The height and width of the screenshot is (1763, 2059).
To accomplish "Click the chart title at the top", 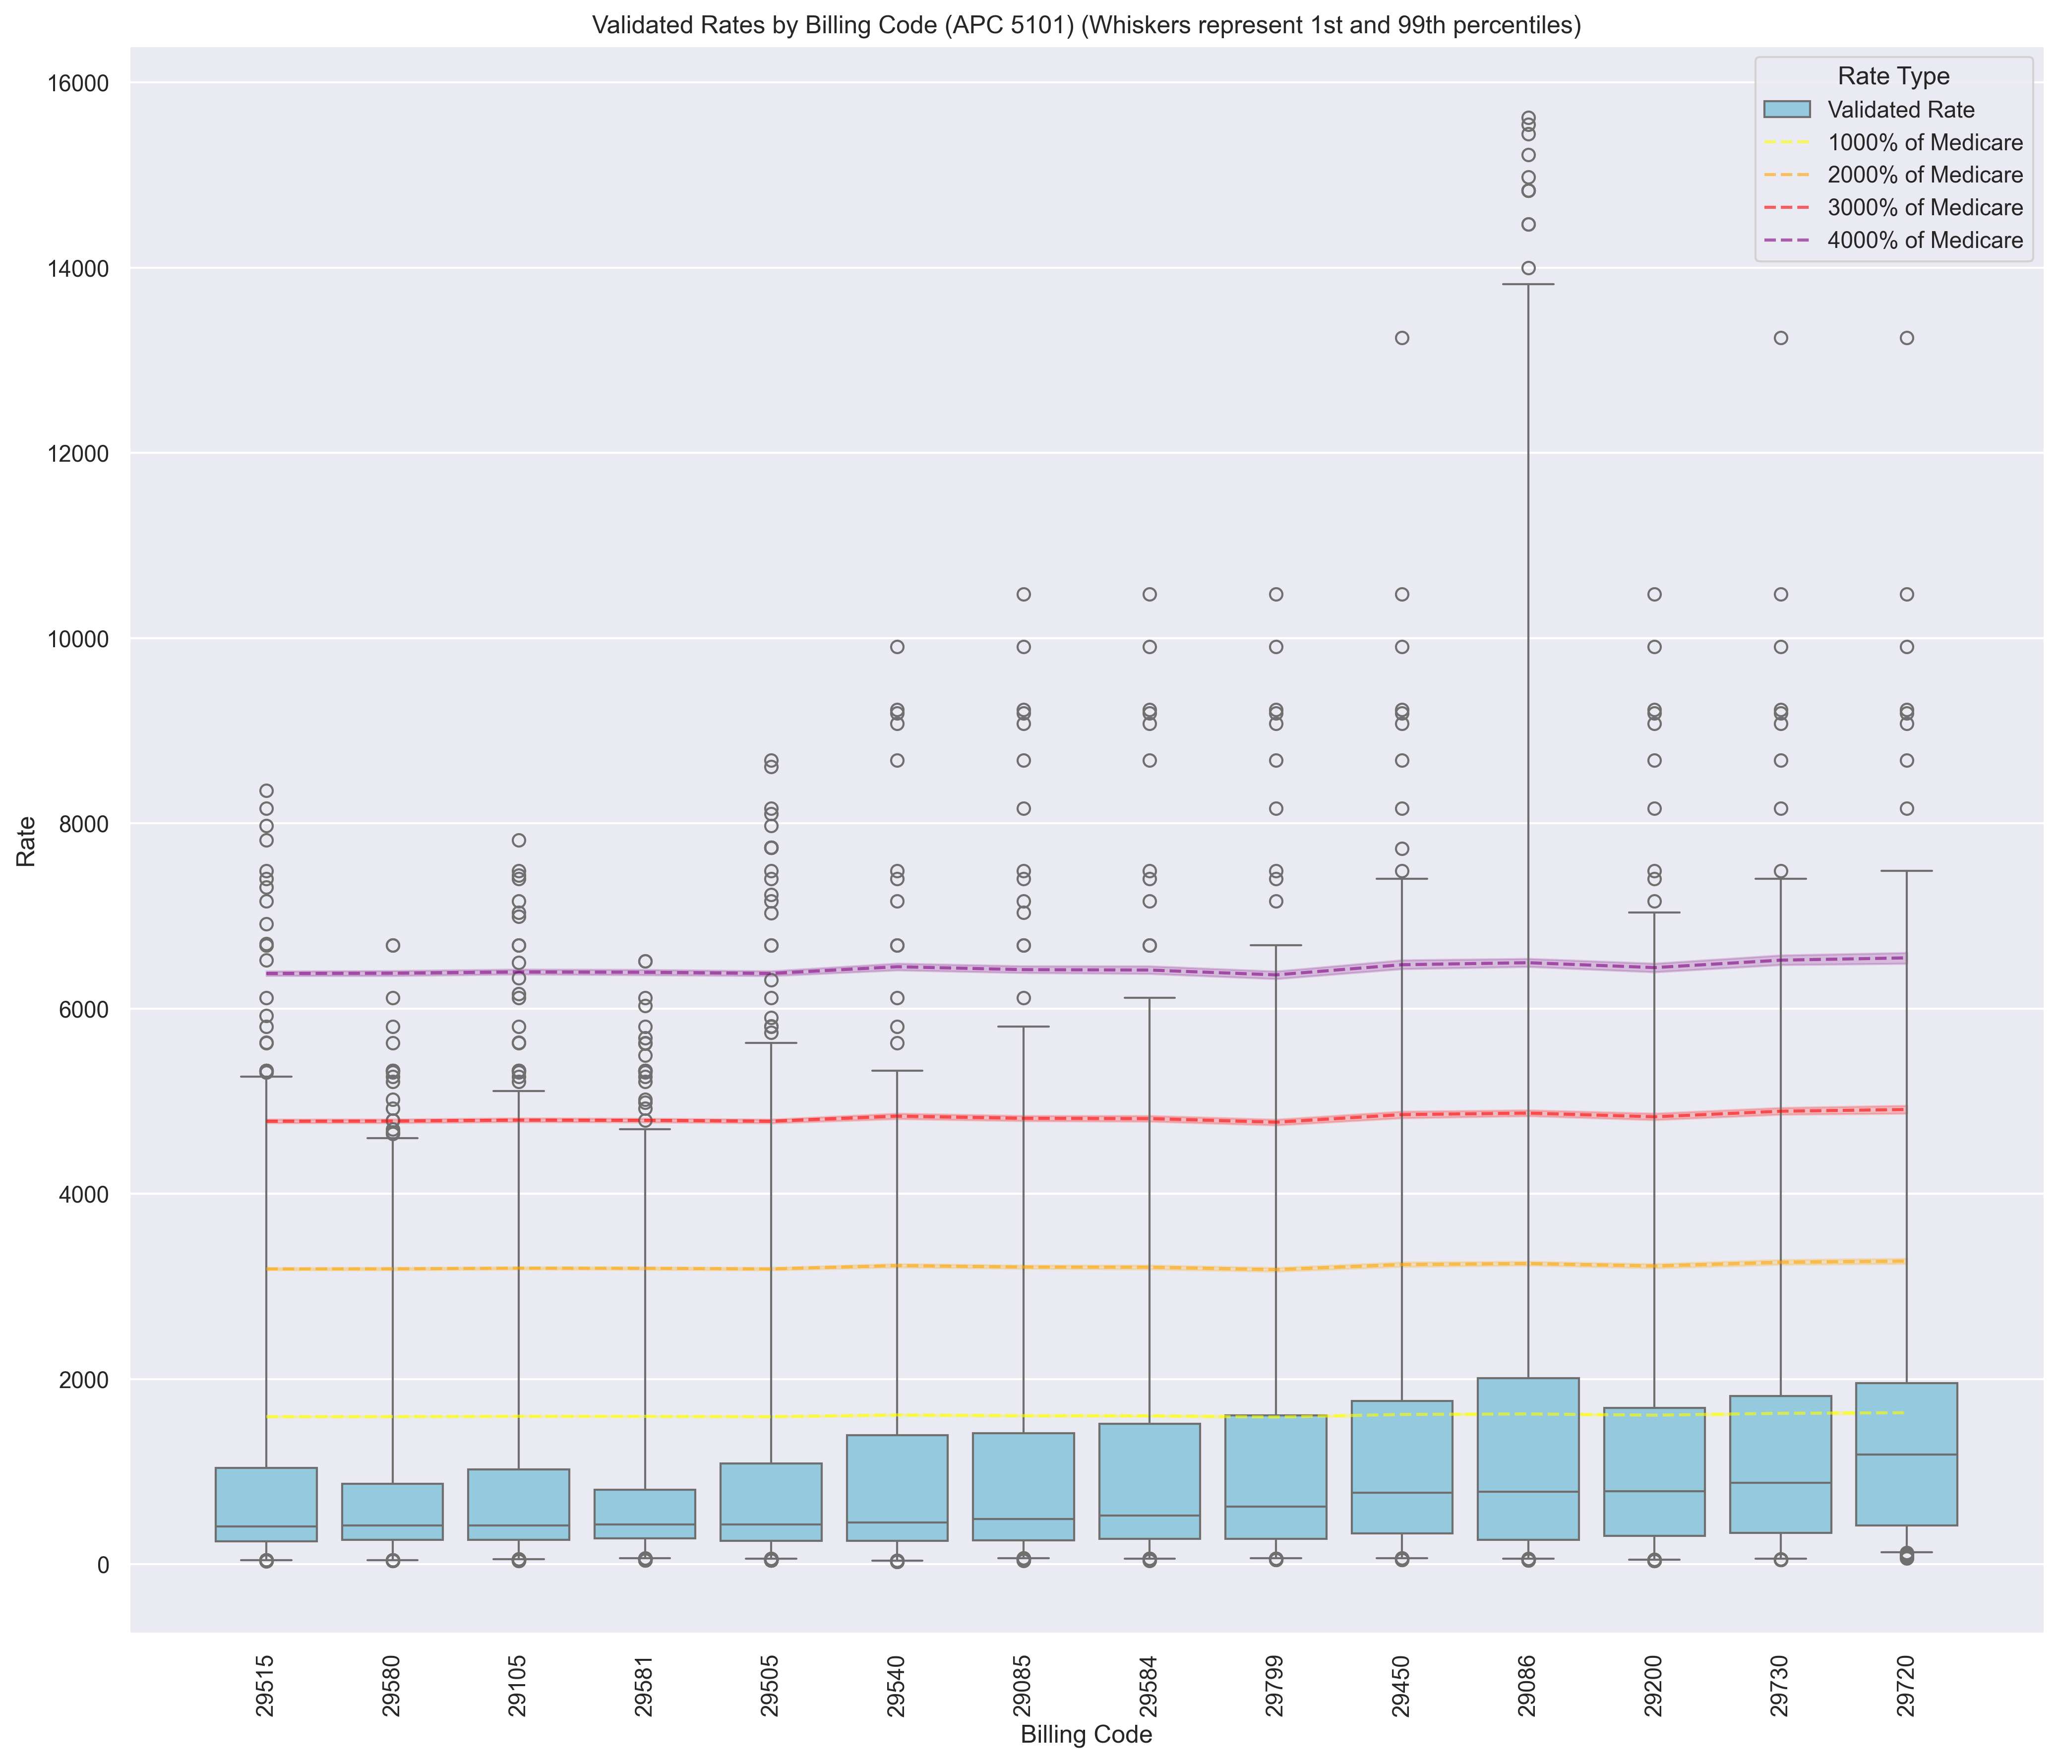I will (1086, 26).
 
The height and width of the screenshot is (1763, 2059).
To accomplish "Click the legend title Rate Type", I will (1893, 76).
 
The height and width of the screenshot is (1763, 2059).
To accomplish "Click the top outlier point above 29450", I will (1402, 338).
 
